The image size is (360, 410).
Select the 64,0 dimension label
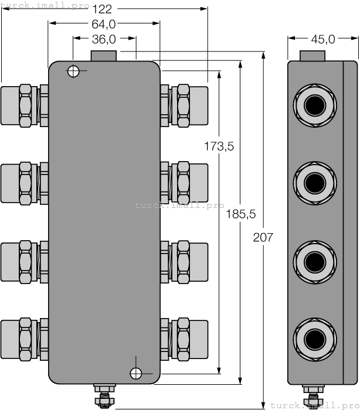coord(104,24)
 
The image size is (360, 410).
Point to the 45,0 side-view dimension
coord(322,39)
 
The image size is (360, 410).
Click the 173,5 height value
coord(219,147)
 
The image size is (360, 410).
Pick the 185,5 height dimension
coord(241,214)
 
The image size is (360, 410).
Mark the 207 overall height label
coord(263,237)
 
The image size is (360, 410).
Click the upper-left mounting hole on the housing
coord(73,71)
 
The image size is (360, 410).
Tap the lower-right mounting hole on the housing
coord(136,373)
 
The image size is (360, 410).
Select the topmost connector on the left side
coord(23,105)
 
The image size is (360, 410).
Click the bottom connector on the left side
coord(23,339)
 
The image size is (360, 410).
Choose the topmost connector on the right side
coord(185,105)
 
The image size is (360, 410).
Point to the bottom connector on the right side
coord(185,339)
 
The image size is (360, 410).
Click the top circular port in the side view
coord(314,105)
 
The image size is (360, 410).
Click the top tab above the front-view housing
coord(104,56)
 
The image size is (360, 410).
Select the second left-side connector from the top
coord(23,183)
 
